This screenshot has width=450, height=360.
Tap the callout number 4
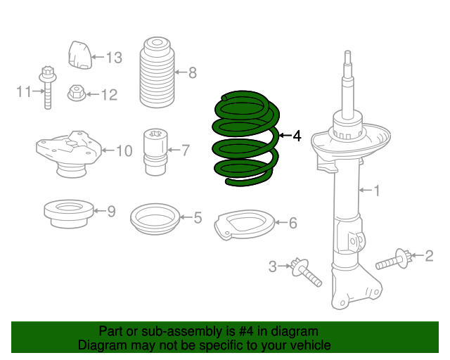pyautogui.click(x=297, y=136)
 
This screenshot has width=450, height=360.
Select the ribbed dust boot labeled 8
pyautogui.click(x=157, y=72)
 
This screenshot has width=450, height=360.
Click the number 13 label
pyautogui.click(x=114, y=58)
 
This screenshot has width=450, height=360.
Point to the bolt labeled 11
pyautogui.click(x=48, y=88)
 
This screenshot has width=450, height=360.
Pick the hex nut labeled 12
pyautogui.click(x=77, y=93)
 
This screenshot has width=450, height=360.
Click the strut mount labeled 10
pyautogui.click(x=69, y=154)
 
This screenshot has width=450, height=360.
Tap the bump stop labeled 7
pyautogui.click(x=155, y=152)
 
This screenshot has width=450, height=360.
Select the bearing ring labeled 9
pyautogui.click(x=69, y=214)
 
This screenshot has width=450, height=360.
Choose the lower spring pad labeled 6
pyautogui.click(x=244, y=224)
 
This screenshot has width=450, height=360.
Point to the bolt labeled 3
pyautogui.click(x=305, y=272)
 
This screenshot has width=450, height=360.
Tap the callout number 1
pyautogui.click(x=377, y=191)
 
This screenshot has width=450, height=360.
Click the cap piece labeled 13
pyautogui.click(x=79, y=55)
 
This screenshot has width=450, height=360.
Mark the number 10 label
pyautogui.click(x=124, y=150)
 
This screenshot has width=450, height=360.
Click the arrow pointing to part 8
pyautogui.click(x=181, y=72)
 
